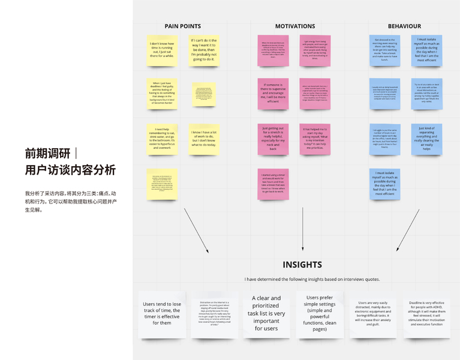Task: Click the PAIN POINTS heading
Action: [182, 26]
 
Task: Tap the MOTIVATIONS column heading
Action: [294, 26]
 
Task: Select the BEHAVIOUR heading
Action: [404, 26]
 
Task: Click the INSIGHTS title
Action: [302, 265]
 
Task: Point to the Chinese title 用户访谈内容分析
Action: [70, 170]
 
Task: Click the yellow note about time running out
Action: [162, 50]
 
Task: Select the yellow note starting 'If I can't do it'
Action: [204, 50]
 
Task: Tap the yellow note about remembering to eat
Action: [162, 138]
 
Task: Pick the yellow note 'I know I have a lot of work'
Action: [204, 139]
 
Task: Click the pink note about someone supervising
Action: [273, 93]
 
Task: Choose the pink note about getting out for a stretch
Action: [273, 138]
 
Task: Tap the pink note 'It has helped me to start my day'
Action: [315, 138]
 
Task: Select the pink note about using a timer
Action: [273, 184]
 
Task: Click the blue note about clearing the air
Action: [426, 139]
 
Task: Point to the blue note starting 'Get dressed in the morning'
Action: [384, 50]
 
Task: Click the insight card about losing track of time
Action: [162, 314]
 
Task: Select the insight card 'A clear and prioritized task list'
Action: [266, 313]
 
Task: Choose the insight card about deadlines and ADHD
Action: [426, 314]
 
